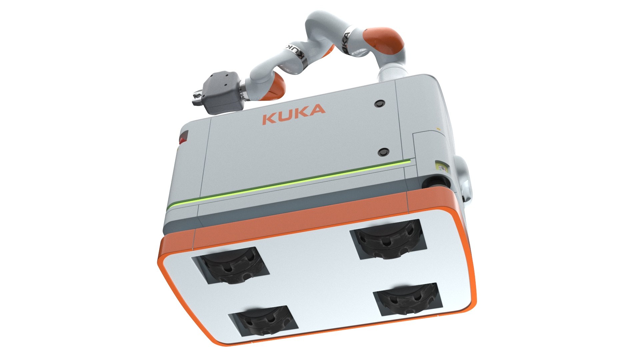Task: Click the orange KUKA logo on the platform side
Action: (293, 114)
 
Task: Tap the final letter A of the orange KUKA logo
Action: (318, 109)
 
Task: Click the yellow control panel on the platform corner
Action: (442, 166)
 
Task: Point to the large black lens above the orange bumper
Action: (435, 183)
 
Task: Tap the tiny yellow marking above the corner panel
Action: (438, 128)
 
